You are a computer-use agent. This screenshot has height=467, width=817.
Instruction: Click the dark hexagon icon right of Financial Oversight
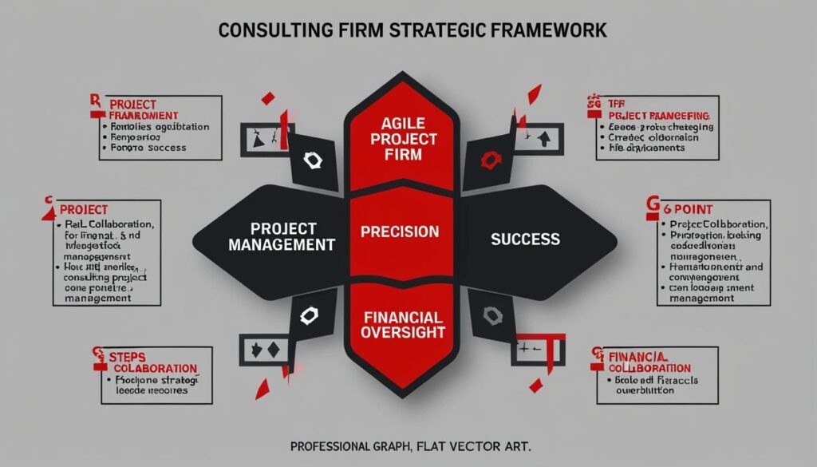coord(488,318)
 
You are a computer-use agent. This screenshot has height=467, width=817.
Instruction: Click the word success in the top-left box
coord(168,147)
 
